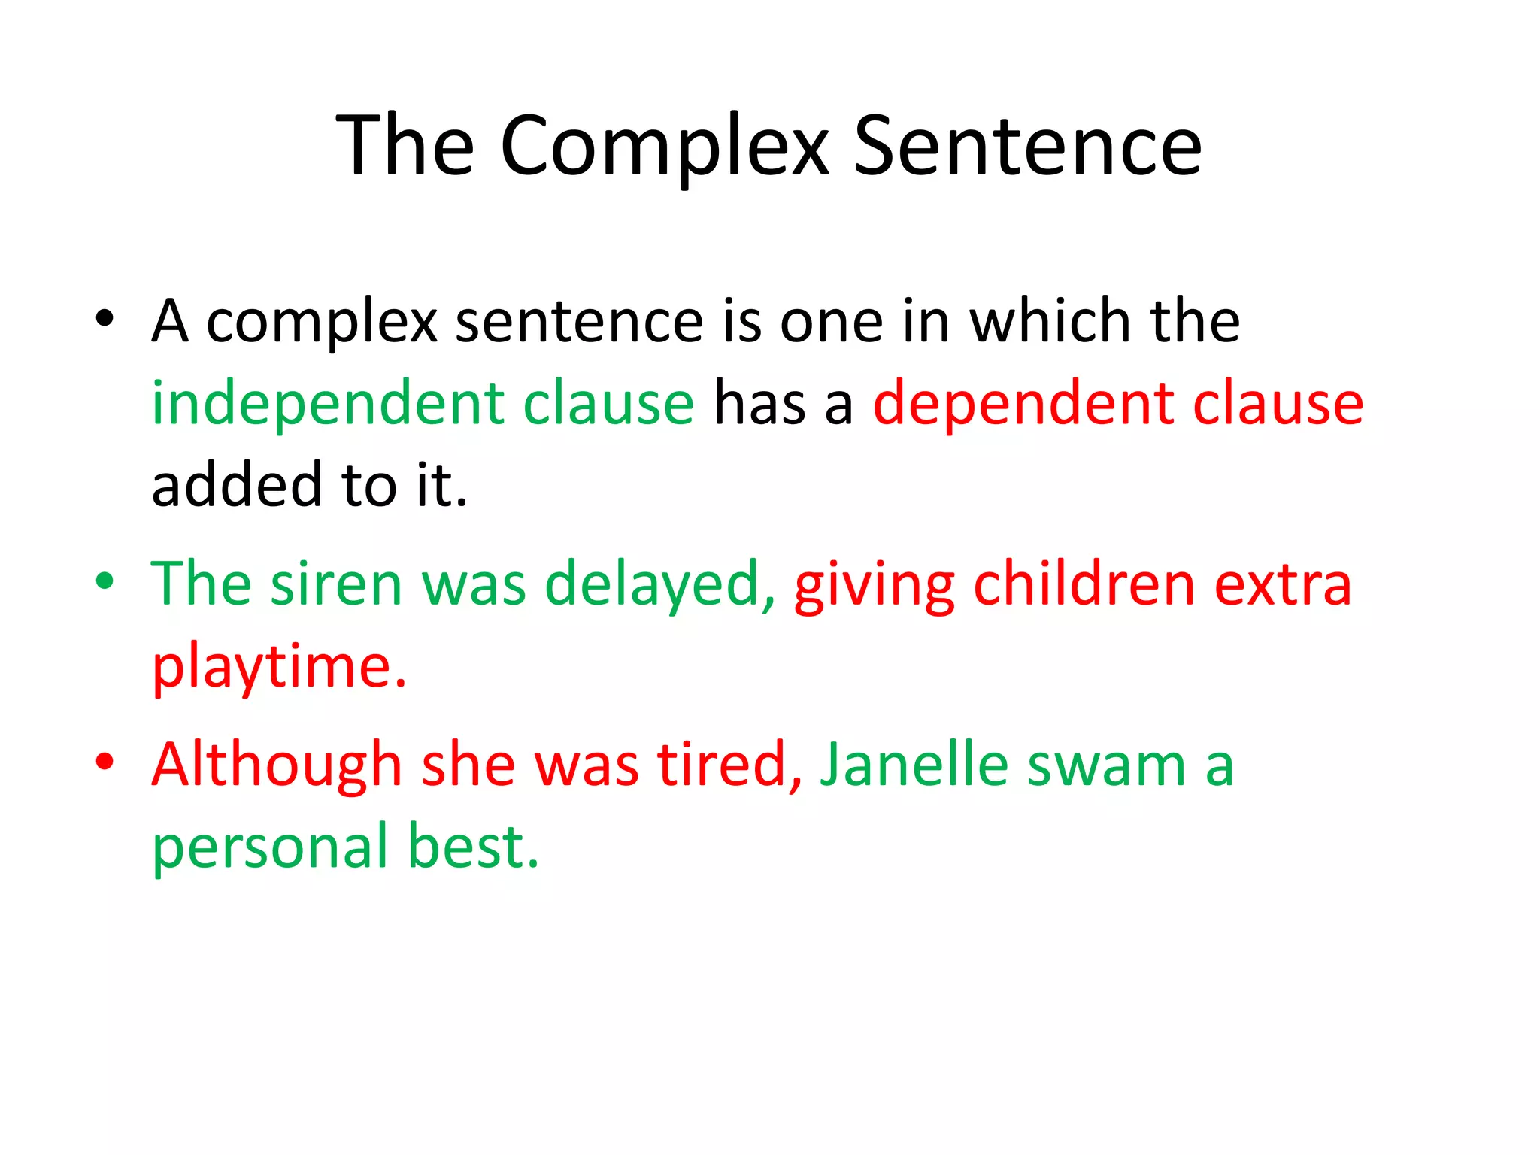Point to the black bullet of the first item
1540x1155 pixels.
[105, 319]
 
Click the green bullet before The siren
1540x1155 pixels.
[105, 581]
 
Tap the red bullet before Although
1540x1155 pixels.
[105, 761]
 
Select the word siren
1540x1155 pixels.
[336, 584]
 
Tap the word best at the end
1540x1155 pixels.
[472, 847]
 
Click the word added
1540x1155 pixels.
[237, 485]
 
